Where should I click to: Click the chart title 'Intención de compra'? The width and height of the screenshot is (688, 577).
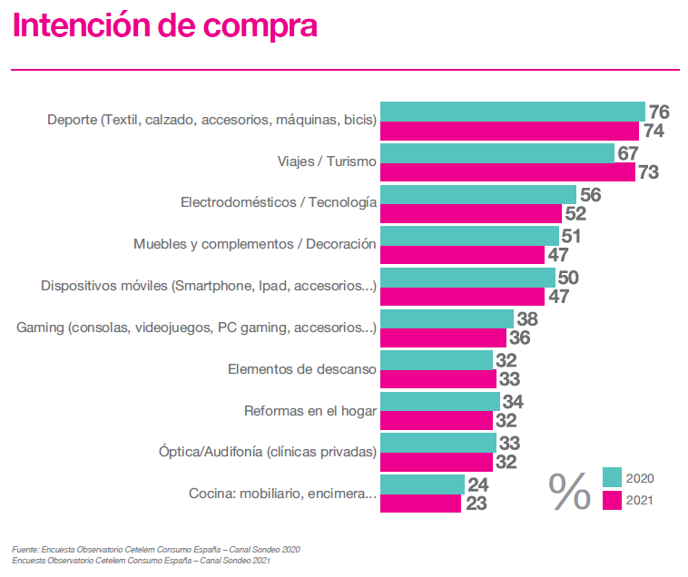coord(164,25)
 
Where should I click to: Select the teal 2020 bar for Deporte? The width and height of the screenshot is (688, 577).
coord(512,112)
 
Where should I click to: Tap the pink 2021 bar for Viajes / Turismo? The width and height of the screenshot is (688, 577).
coord(507,172)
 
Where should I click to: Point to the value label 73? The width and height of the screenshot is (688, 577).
coord(648,172)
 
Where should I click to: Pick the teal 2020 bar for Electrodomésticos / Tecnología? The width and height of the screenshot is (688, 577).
coord(477,194)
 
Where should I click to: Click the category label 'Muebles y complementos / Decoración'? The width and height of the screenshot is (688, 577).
coord(254,244)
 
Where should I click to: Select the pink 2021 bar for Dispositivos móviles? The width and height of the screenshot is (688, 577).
coord(462,297)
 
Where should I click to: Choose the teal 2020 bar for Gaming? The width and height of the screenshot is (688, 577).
coord(447,318)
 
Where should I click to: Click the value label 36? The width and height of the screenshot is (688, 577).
coord(520,338)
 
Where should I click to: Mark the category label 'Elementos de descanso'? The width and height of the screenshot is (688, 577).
coord(301,368)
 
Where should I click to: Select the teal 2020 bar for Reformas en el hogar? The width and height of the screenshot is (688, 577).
coord(439,401)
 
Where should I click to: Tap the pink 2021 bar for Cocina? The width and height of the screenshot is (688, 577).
coord(420,504)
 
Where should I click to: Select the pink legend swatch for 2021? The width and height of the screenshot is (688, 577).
coord(612,499)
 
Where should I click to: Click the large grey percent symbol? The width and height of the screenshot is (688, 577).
coord(569,491)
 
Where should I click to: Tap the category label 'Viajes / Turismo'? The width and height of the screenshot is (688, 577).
coord(327,161)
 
